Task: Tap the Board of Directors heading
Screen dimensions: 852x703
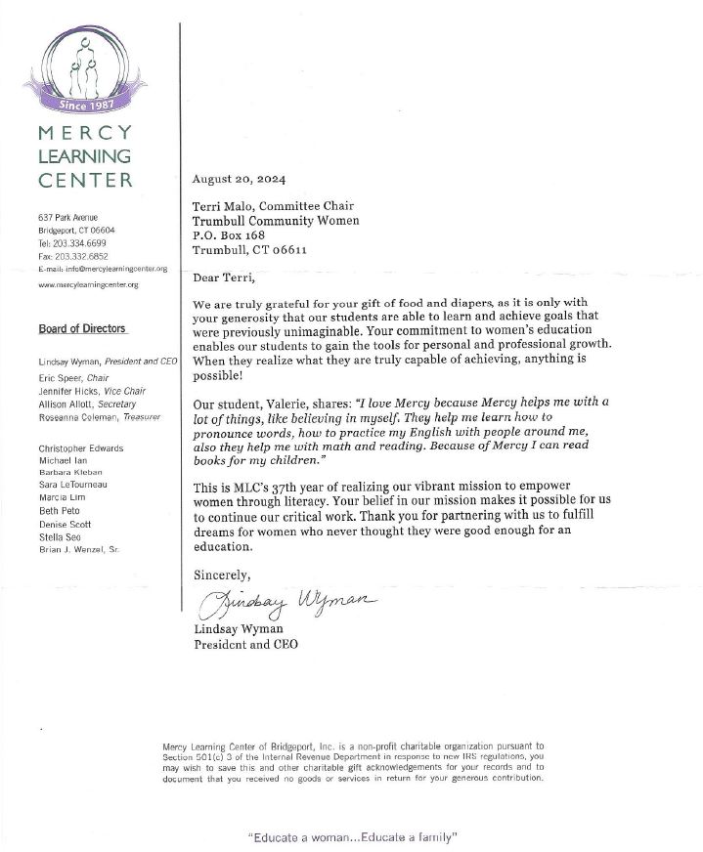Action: tap(82, 329)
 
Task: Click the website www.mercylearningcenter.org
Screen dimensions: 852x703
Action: tap(88, 284)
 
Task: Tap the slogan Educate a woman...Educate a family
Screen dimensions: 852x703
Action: tap(353, 837)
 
